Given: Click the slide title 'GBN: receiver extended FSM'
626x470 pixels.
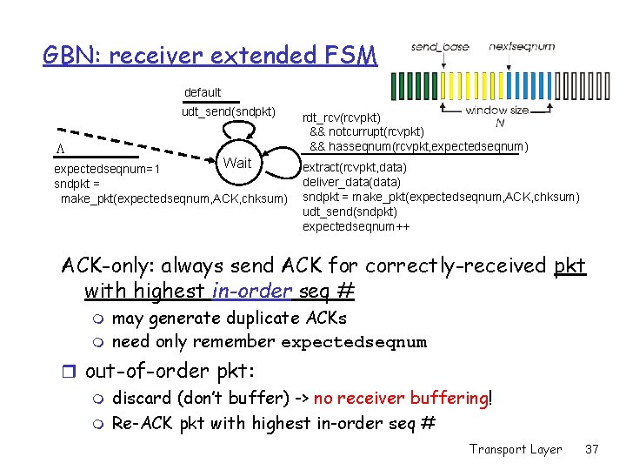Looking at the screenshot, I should (x=210, y=56).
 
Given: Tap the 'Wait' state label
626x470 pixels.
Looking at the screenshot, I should (x=236, y=163).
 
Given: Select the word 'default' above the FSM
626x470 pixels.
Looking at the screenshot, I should (x=203, y=92).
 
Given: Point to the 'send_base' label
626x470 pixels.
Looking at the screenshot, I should (x=439, y=46).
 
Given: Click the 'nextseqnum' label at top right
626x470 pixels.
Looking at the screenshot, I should (x=522, y=46).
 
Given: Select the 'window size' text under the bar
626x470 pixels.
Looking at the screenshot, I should (x=496, y=111).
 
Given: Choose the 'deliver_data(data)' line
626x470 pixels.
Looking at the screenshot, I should (x=351, y=182).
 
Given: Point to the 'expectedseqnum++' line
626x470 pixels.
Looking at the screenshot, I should (x=356, y=226).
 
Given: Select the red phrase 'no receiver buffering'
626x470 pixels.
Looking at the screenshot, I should (x=401, y=398).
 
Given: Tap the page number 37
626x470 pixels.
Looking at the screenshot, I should (x=592, y=449).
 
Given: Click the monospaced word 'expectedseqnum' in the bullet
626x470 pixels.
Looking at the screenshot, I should (x=354, y=342).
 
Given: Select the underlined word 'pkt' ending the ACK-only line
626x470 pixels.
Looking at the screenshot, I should (x=569, y=265).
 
